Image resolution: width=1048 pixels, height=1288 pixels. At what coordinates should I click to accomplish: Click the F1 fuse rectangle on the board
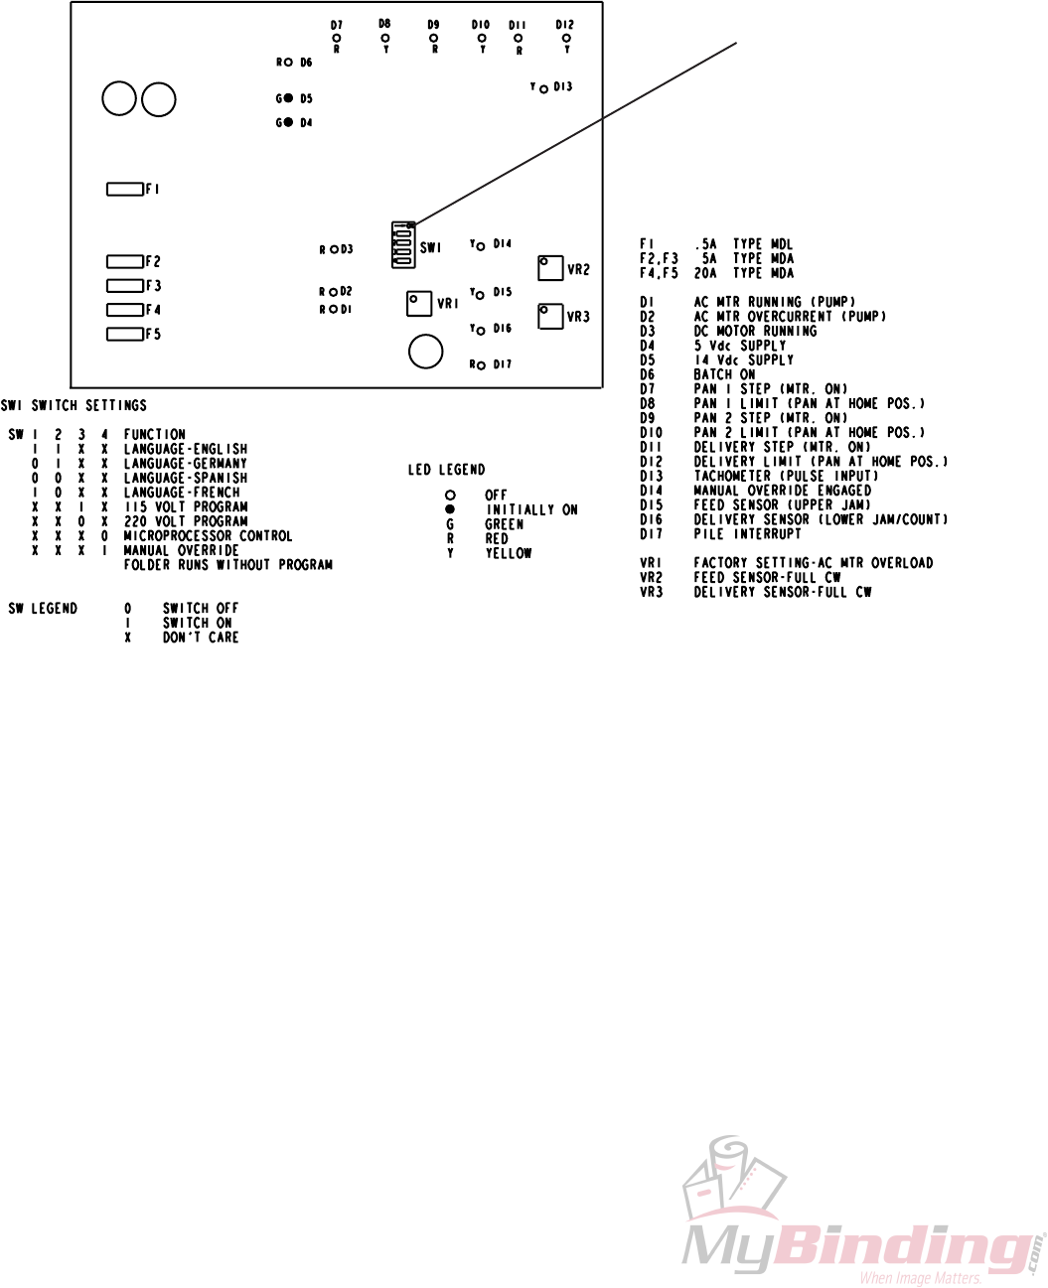[x=124, y=189]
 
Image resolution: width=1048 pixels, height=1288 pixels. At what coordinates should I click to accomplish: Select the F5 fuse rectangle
[x=124, y=334]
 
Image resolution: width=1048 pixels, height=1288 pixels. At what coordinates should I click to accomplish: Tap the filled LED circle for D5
[x=288, y=98]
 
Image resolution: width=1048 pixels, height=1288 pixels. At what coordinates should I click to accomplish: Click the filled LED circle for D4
[x=288, y=122]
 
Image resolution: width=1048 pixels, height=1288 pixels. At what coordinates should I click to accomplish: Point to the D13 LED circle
[x=543, y=88]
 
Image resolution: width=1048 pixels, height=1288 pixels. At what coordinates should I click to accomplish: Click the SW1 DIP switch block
[x=402, y=245]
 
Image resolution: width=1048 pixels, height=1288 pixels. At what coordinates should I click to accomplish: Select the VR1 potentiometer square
[x=419, y=303]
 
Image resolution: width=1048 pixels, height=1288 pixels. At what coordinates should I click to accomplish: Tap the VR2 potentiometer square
[x=550, y=268]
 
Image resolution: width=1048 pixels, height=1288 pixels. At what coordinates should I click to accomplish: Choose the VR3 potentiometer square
[x=550, y=316]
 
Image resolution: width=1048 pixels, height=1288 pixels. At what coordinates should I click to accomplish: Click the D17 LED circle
[x=481, y=365]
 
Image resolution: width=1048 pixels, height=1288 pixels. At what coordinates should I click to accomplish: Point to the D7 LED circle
[x=337, y=38]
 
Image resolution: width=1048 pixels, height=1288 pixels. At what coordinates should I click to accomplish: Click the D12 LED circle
[x=566, y=38]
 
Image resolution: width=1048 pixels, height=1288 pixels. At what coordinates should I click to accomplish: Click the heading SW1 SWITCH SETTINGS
[x=74, y=405]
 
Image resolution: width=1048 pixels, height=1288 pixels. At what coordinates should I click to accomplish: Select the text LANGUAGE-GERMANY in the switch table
[x=185, y=463]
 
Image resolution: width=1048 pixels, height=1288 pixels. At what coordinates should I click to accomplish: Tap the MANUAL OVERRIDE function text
[x=181, y=550]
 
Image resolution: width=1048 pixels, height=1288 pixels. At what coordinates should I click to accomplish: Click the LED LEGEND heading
[x=446, y=470]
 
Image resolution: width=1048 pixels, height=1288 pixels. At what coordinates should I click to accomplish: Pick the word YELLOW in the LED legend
[x=508, y=553]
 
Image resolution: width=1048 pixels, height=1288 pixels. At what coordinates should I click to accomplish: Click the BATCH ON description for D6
[x=724, y=374]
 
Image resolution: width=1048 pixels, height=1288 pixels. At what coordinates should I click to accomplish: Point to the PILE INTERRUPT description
[x=747, y=534]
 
